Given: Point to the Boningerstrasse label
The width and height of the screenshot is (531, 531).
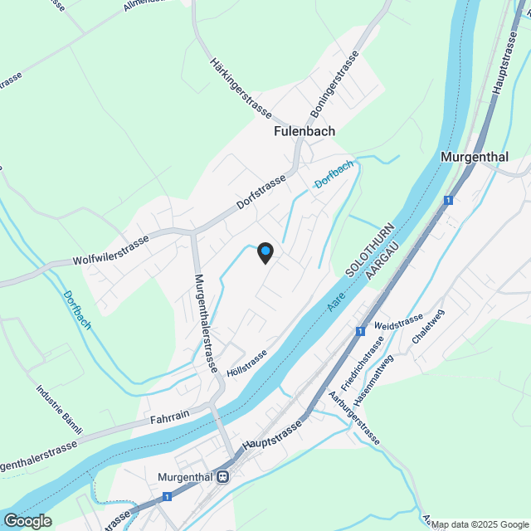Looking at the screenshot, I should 334,83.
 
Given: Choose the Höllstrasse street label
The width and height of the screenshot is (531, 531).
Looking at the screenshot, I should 246,363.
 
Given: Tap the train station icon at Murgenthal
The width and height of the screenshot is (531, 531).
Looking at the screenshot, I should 222,477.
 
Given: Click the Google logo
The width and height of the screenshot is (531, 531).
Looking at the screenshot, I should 27,520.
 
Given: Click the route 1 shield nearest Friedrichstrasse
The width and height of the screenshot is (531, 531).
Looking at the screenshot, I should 360,331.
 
